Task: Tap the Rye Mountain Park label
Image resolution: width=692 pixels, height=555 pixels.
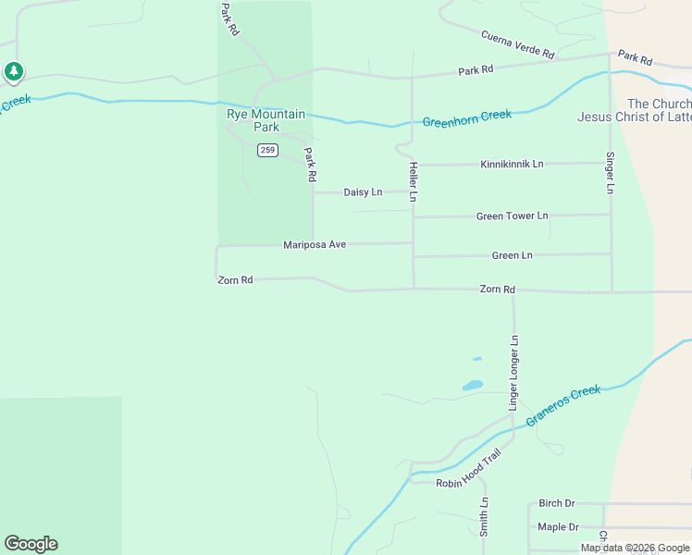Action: click(x=266, y=120)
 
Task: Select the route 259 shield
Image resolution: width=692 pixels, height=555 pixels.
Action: click(x=267, y=150)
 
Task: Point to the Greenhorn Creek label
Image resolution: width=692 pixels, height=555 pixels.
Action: click(x=467, y=118)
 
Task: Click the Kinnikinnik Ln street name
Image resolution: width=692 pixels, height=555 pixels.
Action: click(x=512, y=164)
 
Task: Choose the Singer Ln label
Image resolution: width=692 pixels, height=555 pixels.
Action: click(x=610, y=172)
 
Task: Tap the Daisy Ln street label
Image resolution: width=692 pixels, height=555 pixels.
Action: click(x=363, y=192)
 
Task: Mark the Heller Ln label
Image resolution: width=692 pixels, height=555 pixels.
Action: click(x=414, y=181)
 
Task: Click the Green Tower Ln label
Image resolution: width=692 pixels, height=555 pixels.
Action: click(x=512, y=216)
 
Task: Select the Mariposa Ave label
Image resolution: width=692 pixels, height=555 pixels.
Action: click(x=315, y=244)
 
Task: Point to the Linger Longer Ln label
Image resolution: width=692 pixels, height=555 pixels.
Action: click(x=514, y=373)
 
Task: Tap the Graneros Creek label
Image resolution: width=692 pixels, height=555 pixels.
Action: click(x=562, y=405)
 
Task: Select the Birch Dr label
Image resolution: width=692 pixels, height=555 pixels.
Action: click(x=557, y=503)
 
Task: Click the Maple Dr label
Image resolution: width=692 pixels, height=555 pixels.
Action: click(x=558, y=527)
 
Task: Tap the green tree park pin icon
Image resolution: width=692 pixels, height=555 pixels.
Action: click(x=13, y=71)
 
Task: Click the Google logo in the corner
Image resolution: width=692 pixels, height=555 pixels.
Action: click(x=31, y=544)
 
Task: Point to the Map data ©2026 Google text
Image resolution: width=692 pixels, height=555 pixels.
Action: click(x=634, y=548)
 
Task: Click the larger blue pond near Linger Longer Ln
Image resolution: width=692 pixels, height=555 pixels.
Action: click(x=472, y=385)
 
